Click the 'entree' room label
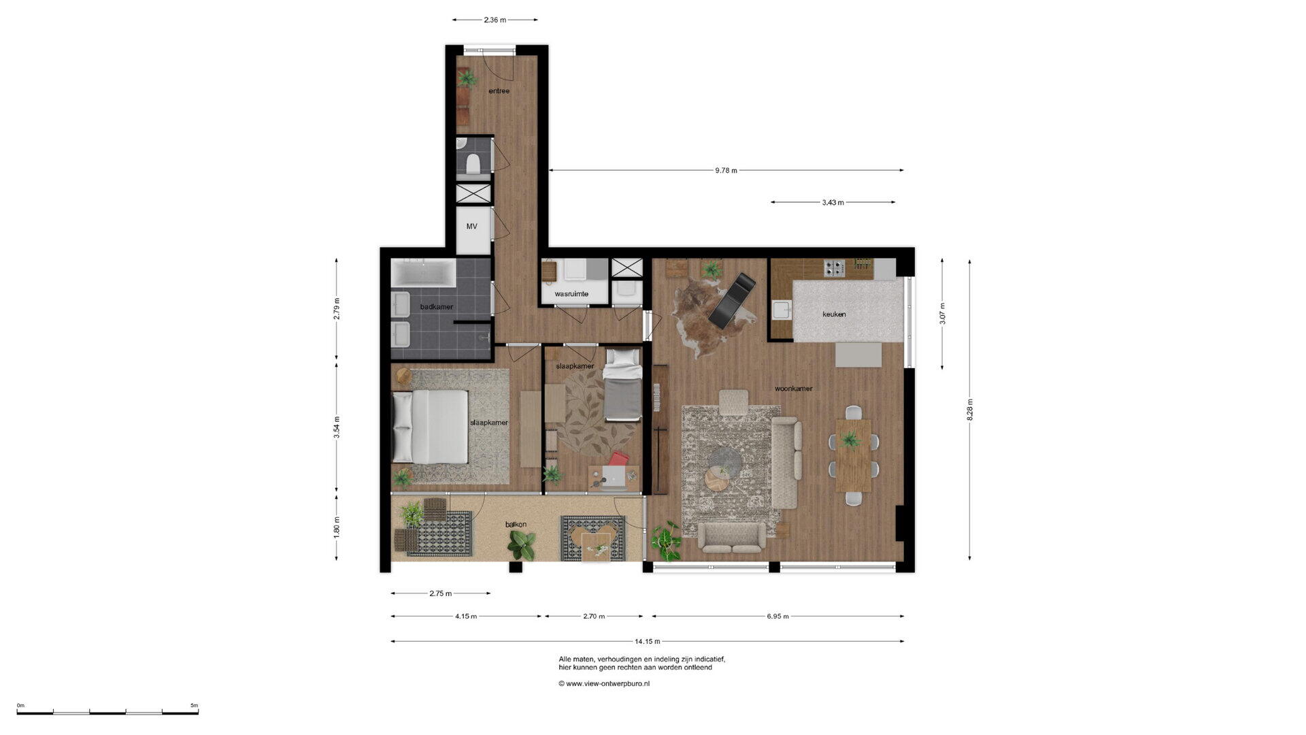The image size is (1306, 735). (499, 91)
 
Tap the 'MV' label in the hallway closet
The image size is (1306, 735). (471, 227)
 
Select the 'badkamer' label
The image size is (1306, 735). (436, 307)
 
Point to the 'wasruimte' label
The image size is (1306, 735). (571, 294)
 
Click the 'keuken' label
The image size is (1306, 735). (834, 314)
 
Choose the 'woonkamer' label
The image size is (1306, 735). (793, 389)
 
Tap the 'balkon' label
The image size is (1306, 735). (516, 525)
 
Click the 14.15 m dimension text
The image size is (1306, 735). (647, 641)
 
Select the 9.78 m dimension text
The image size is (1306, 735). (726, 171)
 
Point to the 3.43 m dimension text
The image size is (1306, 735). (833, 203)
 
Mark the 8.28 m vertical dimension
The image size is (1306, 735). (970, 410)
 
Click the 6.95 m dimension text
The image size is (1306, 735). (777, 617)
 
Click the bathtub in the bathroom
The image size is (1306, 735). (423, 273)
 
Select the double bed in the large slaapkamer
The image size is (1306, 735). (431, 427)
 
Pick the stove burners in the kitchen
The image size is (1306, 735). (834, 268)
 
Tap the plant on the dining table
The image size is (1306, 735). (850, 440)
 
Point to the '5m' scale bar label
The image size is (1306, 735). (194, 706)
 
